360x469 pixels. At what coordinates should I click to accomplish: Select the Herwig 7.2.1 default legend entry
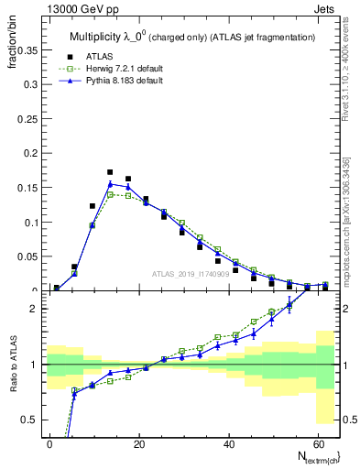pyautogui.click(x=121, y=68)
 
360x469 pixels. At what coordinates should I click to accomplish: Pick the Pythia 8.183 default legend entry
pyautogui.click(x=119, y=81)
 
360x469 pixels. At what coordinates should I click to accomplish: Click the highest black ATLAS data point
pyautogui.click(x=110, y=171)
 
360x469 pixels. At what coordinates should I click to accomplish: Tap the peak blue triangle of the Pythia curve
pyautogui.click(x=110, y=184)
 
